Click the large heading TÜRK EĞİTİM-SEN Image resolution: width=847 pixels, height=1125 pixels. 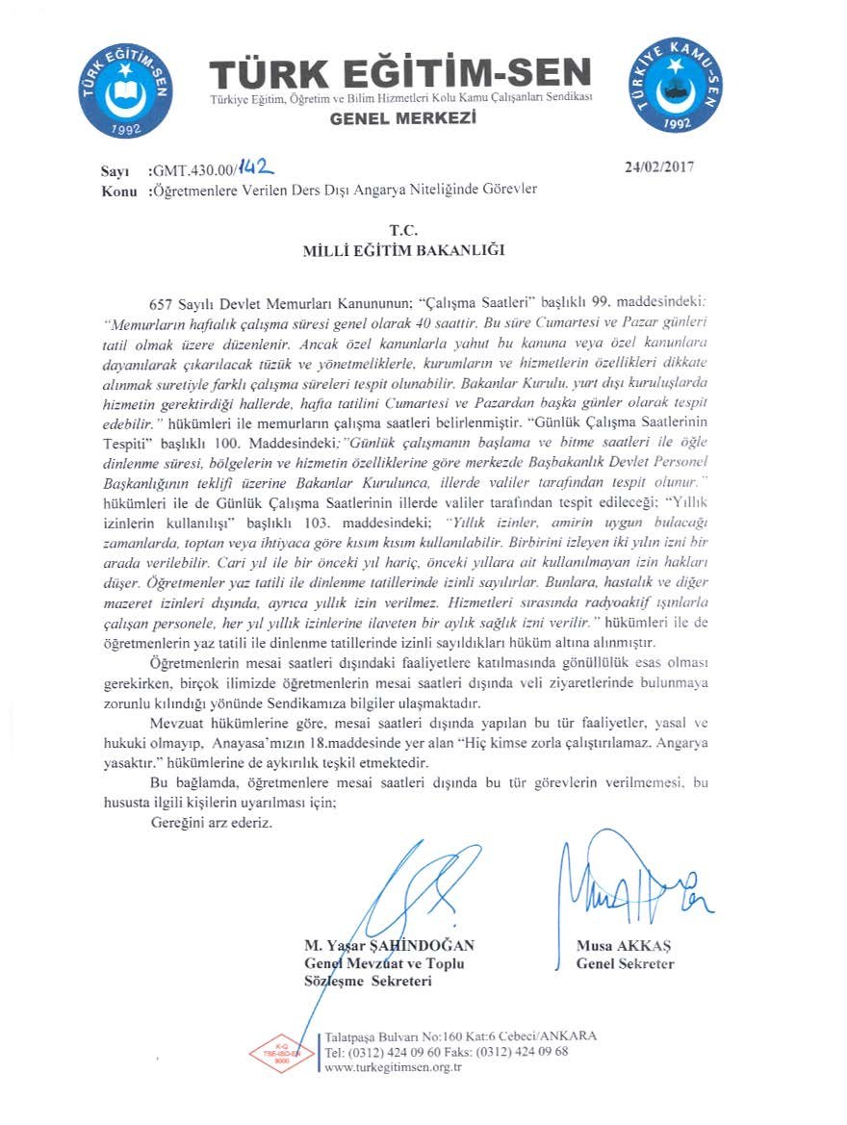tap(400, 74)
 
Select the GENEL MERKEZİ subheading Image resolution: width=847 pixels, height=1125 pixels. tap(403, 118)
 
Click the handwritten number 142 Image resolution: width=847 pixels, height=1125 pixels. tap(252, 166)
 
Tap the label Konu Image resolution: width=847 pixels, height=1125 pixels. tap(116, 190)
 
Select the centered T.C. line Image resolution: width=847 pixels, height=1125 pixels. tap(401, 230)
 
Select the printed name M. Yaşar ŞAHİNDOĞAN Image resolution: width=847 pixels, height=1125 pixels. tap(389, 946)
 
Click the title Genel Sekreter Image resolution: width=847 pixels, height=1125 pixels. tap(625, 963)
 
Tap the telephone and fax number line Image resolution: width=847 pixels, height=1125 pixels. tap(448, 1052)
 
